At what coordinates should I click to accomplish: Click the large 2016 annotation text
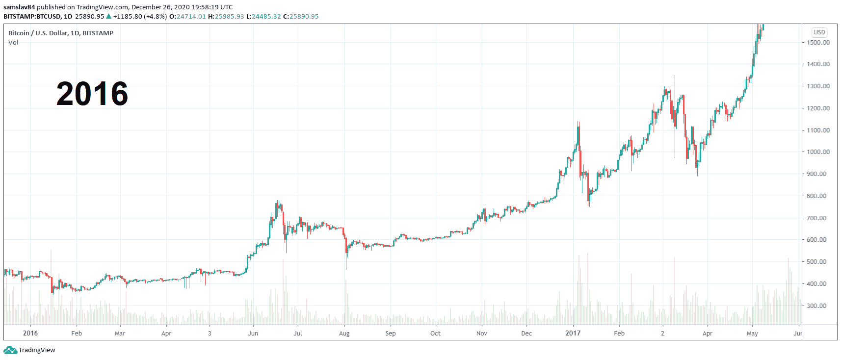pos(92,94)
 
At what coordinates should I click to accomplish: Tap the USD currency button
pos(819,32)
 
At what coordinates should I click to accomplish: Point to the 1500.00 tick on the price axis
pos(818,43)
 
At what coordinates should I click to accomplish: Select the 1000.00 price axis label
pos(818,152)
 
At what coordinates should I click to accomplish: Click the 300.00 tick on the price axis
pos(818,306)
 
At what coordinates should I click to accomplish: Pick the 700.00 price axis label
pos(818,218)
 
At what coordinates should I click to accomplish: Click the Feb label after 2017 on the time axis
pos(619,334)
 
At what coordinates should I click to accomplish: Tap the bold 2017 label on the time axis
pos(573,334)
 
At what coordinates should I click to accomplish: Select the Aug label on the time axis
pos(344,334)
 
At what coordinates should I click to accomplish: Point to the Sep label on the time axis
pos(391,334)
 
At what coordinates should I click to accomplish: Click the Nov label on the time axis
pos(482,334)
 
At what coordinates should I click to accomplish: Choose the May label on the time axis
pos(752,334)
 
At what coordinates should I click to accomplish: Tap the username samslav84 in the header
pos(19,7)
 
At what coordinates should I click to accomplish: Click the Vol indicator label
pos(13,43)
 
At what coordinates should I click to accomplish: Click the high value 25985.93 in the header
pos(229,17)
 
